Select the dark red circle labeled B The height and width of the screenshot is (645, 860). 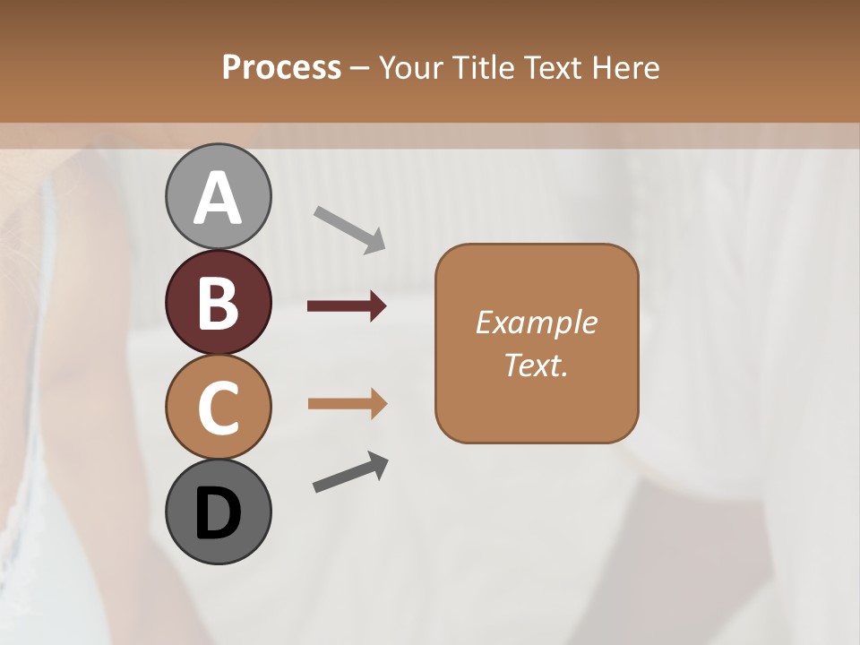click(x=219, y=302)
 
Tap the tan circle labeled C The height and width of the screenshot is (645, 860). click(x=219, y=407)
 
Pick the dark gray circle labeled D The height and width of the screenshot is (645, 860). click(x=219, y=512)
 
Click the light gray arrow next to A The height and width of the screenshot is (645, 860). click(x=349, y=229)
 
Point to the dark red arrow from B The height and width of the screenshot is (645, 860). click(x=347, y=306)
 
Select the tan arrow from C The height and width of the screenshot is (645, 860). click(x=348, y=404)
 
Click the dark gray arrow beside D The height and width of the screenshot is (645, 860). click(x=350, y=472)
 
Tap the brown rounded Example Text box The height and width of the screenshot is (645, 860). click(x=537, y=343)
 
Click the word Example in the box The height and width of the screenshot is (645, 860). click(x=536, y=322)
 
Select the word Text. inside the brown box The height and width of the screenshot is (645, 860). click(x=536, y=365)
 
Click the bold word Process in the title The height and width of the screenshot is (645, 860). click(x=281, y=67)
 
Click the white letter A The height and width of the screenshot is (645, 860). click(x=219, y=199)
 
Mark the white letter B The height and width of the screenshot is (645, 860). click(x=219, y=302)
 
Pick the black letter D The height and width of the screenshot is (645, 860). click(x=219, y=514)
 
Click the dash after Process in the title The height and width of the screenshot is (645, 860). click(x=360, y=69)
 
